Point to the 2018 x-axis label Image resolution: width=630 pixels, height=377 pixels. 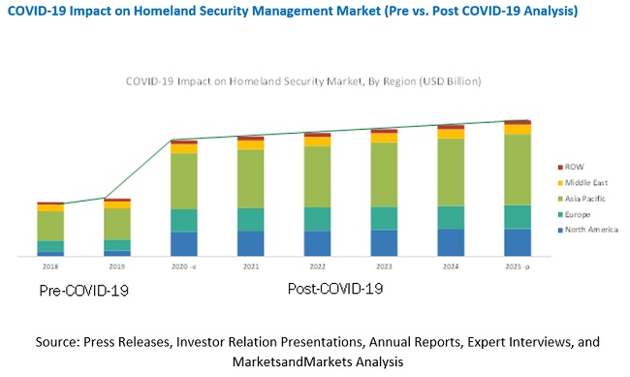point(50,266)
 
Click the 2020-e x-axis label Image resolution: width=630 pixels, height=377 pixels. point(184,266)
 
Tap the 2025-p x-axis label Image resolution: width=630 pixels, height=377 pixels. point(518,266)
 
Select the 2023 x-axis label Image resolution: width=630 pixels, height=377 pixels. point(384,266)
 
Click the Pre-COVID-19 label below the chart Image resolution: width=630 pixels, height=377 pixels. point(83,290)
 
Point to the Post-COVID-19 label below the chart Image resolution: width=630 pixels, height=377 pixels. point(335,289)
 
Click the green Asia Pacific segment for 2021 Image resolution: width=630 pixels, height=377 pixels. point(251,178)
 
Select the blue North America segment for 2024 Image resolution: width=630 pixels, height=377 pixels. point(451,242)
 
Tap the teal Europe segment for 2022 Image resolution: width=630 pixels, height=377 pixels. point(317,218)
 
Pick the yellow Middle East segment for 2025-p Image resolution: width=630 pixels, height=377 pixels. point(518,129)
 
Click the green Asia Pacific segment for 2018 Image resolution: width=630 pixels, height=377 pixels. point(50,225)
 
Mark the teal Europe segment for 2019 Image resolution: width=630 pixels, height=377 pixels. point(117,245)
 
